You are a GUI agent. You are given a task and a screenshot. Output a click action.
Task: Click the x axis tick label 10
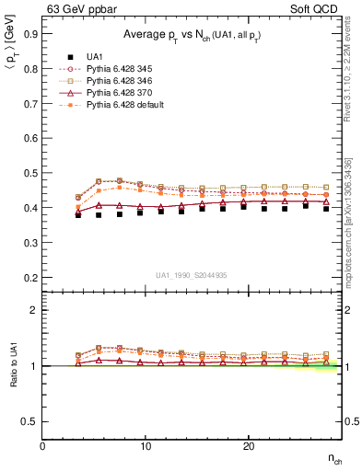tap(146, 446)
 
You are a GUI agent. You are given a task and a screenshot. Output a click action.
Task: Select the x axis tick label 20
tap(249, 446)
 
